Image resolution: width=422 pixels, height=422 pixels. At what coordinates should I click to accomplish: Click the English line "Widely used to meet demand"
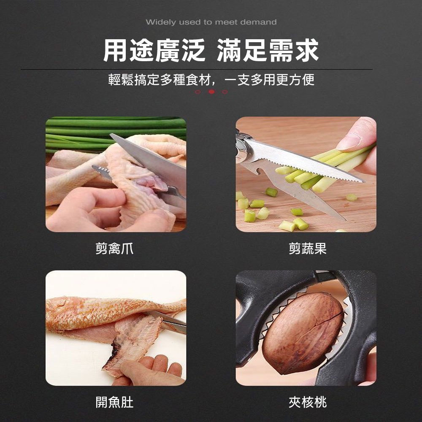coord(211,22)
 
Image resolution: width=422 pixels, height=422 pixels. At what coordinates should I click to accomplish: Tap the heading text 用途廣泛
coord(154,51)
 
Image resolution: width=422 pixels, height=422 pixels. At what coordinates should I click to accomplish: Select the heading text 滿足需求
coord(268,51)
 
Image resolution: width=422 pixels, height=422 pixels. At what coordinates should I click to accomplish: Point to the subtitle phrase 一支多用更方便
coord(269,80)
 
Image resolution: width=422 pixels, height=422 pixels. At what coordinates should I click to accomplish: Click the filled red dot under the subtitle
coord(211,92)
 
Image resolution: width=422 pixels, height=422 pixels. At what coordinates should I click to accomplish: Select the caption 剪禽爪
coord(114,248)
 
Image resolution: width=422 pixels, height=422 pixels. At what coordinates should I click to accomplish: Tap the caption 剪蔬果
coord(307,248)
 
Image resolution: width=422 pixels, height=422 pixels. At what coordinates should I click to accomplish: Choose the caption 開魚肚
coord(114,402)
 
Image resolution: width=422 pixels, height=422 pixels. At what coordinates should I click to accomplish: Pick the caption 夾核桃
coord(307,402)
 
